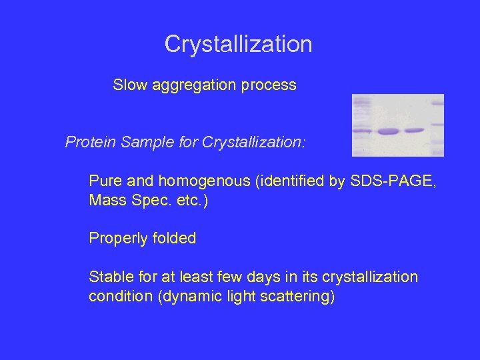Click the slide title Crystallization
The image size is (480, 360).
(x=238, y=45)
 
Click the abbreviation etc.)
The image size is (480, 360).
(x=190, y=200)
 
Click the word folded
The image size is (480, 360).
(x=174, y=238)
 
